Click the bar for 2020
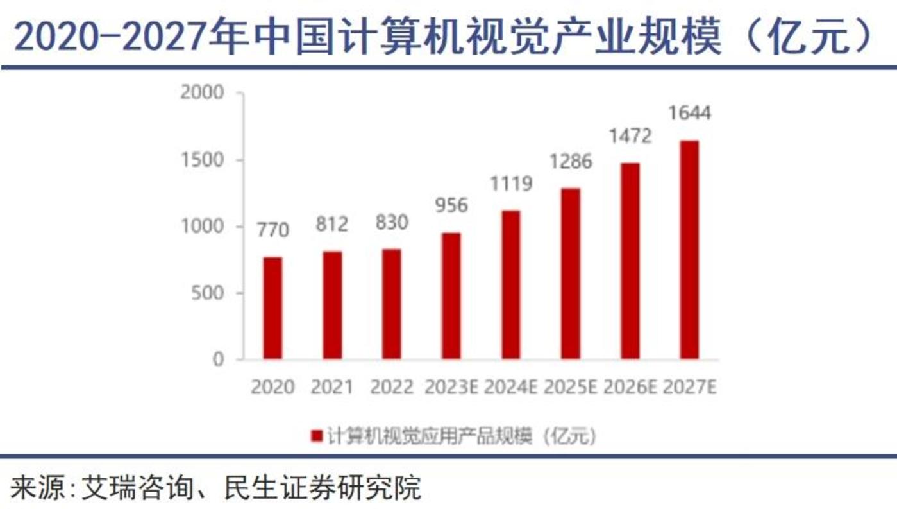click(x=272, y=308)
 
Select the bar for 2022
click(x=392, y=304)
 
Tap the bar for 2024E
click(x=511, y=284)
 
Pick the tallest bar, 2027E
click(x=689, y=250)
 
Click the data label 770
click(x=272, y=229)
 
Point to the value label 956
click(x=451, y=205)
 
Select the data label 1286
click(x=571, y=160)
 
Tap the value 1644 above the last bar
click(x=689, y=114)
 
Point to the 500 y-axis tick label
click(x=208, y=293)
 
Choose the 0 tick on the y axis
click(x=219, y=360)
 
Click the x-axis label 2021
click(x=332, y=388)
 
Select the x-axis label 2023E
click(x=451, y=388)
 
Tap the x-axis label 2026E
click(x=631, y=388)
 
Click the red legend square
click(x=316, y=436)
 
